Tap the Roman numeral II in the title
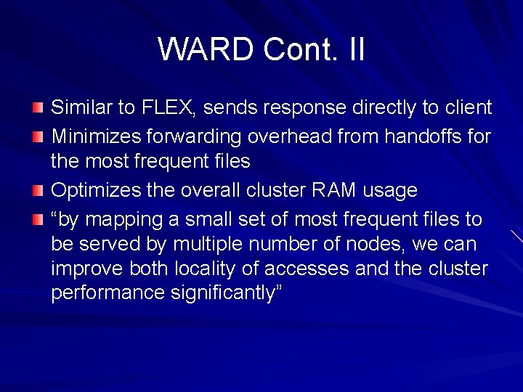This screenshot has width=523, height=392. (355, 49)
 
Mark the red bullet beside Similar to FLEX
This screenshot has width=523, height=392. (38, 108)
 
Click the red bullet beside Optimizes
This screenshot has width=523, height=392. (38, 190)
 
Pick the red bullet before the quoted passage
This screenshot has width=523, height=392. (38, 219)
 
